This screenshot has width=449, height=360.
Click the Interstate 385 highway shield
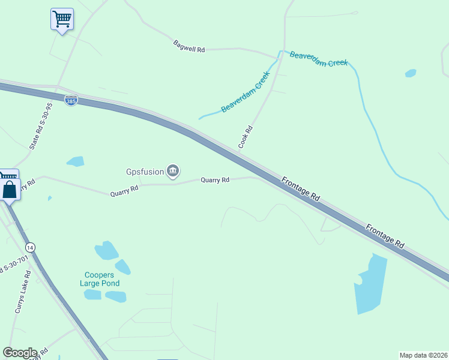pos(71,101)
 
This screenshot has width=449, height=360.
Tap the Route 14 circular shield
pos(30,247)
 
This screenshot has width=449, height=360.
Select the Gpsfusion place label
pos(145,172)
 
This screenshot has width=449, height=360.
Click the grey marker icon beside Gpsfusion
pos(173,172)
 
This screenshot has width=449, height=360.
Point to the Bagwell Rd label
pos(189,46)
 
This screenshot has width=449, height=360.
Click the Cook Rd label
pos(245,137)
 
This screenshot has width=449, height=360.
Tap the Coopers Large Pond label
pos(101,279)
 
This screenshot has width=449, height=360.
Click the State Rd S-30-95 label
pos(41,126)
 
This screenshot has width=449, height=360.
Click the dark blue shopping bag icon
pos(11,190)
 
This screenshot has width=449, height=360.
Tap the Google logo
pos(20,353)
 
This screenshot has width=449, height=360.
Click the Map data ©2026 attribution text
pos(423,355)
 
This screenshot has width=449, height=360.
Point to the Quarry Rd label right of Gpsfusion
pos(215,179)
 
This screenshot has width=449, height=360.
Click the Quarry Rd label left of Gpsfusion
pos(124,191)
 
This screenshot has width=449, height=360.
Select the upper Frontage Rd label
pos(300,188)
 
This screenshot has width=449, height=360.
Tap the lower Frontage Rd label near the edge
pos(385,236)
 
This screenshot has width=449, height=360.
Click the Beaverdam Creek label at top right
pos(319,59)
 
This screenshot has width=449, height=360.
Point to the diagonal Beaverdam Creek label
pos(246,92)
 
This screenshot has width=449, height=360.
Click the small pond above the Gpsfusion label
pos(75,161)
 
